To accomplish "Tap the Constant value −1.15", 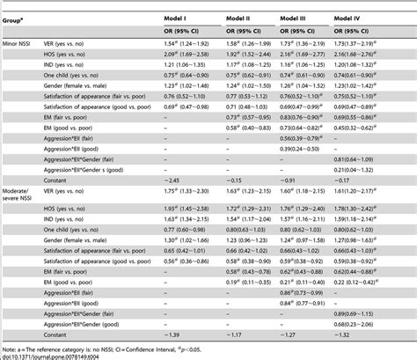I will click(x=234, y=178).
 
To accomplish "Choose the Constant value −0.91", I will click(x=290, y=178).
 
